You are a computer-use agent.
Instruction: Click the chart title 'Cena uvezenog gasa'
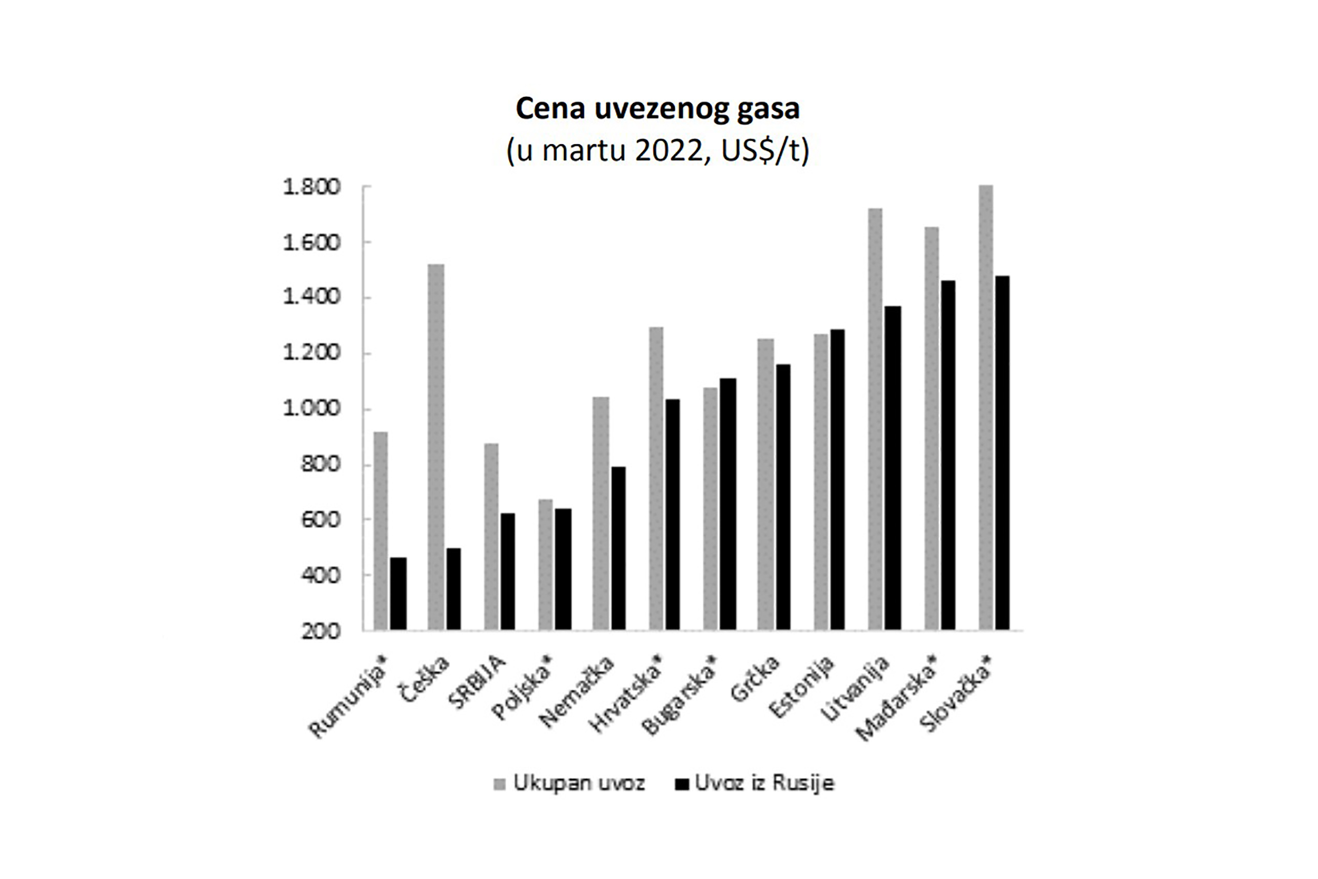657,109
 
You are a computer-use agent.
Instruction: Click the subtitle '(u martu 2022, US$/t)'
657,150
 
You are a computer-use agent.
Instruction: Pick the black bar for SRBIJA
508,571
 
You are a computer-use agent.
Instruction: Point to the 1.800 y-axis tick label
312,187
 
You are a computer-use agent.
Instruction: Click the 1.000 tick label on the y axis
312,409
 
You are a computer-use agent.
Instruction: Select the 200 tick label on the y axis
321,631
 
